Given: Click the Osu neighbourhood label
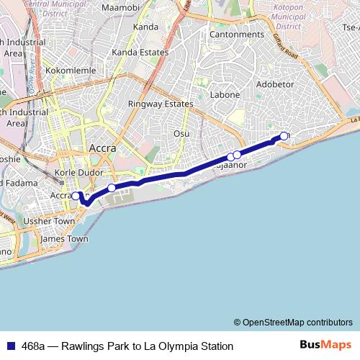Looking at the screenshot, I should tap(181, 133).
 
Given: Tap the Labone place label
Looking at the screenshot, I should tap(224, 94).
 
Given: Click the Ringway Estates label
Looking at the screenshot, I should tap(161, 104).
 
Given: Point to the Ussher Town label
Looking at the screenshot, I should tap(49, 221).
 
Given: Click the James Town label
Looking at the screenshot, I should tap(65, 238).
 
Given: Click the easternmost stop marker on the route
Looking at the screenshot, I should tap(284, 136).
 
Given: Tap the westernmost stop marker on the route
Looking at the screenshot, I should tap(76, 196).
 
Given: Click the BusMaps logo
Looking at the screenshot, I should tap(325, 345).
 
